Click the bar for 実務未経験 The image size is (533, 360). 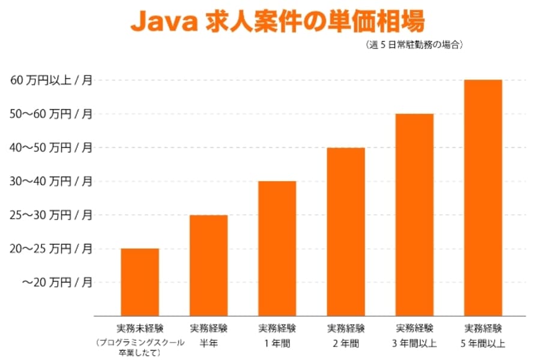pos(140,282)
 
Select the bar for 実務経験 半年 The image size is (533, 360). pos(208,265)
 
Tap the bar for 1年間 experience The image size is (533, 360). pos(277,248)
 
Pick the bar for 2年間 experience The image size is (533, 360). pos(346,232)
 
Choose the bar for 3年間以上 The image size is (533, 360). pos(415,215)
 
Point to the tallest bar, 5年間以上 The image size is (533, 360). pos(483,198)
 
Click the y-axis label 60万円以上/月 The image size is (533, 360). pos(52,80)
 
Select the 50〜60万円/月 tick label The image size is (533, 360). pos(52,114)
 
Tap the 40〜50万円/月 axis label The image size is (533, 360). pos(52,148)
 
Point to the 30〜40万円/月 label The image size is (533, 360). pos(52,181)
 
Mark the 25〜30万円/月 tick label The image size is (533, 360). pos(52,215)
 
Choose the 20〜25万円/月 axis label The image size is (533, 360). pos(52,248)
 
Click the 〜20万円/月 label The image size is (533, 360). pos(58,282)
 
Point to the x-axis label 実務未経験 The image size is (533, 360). pos(140,329)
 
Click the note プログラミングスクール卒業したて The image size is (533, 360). pos(140,348)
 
